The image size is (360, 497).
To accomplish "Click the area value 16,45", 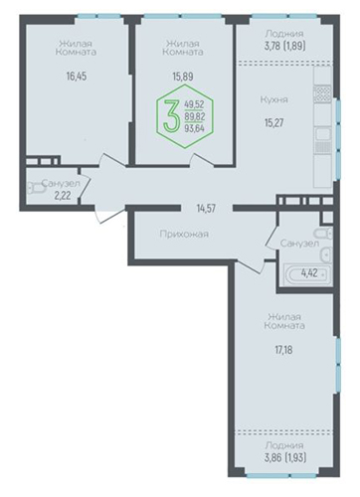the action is pyautogui.click(x=77, y=77).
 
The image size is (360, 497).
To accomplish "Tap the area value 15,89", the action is pyautogui.click(x=183, y=77).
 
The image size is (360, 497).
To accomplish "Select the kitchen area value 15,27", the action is pyautogui.click(x=274, y=123).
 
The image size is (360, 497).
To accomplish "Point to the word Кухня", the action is pyautogui.click(x=273, y=99).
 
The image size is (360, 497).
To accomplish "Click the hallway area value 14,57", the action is pyautogui.click(x=206, y=209).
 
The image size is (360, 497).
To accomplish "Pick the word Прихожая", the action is pyautogui.click(x=184, y=235).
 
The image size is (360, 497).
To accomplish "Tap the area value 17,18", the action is pyautogui.click(x=283, y=350).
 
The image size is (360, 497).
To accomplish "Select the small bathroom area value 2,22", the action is pyautogui.click(x=63, y=196).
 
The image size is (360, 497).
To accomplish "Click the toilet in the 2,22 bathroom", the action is pyautogui.click(x=36, y=188).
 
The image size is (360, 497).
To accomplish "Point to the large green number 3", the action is pyautogui.click(x=172, y=116).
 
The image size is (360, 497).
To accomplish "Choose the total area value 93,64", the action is pyautogui.click(x=194, y=128).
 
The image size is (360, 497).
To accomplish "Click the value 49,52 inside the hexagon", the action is pyautogui.click(x=194, y=104).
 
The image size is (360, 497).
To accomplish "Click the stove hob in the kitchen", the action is pyautogui.click(x=322, y=93).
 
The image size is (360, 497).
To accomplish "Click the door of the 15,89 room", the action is pyautogui.click(x=202, y=159).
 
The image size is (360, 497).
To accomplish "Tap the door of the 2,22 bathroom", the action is pyautogui.click(x=86, y=187).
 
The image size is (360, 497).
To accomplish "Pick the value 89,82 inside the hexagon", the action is pyautogui.click(x=195, y=116).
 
